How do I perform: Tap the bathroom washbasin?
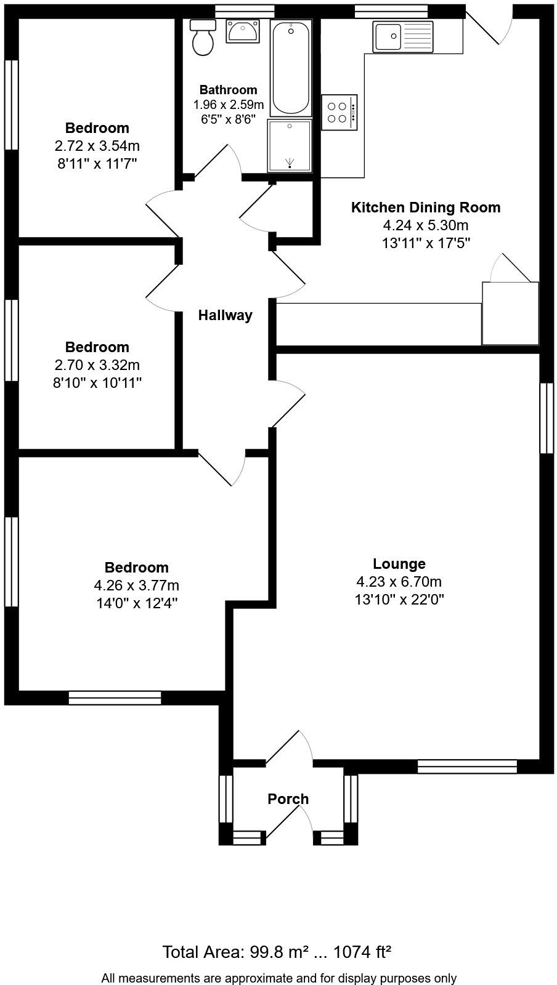(x=243, y=31)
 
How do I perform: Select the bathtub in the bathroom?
(x=291, y=68)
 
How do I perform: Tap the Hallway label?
(x=225, y=316)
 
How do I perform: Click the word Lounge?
(x=399, y=564)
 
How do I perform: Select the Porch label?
(x=288, y=799)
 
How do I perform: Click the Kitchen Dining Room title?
(x=426, y=207)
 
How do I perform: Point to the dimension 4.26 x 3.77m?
(x=136, y=585)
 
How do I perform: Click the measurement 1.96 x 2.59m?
(x=229, y=105)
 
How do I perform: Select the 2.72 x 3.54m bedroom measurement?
(x=97, y=147)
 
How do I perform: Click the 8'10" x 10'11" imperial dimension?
(x=97, y=383)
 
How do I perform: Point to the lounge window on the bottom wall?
(x=467, y=766)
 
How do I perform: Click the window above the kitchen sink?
(x=391, y=10)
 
